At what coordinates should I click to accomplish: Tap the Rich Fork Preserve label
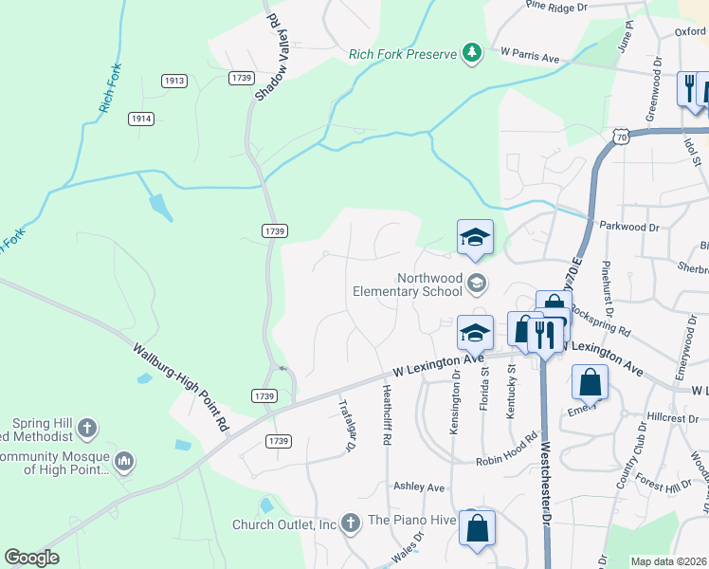(x=403, y=54)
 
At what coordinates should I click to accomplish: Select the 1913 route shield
(x=173, y=82)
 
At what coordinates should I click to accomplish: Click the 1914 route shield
(x=141, y=119)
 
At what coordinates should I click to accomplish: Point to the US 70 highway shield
(x=621, y=138)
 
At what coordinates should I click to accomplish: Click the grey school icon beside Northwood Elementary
(x=478, y=283)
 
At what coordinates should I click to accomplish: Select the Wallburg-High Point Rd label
(x=182, y=387)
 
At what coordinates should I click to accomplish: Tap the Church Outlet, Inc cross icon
(x=350, y=523)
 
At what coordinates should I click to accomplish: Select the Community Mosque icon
(x=124, y=462)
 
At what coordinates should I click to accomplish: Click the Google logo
(x=31, y=558)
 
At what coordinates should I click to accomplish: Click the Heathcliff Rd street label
(x=387, y=415)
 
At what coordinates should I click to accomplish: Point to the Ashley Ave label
(x=419, y=487)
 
